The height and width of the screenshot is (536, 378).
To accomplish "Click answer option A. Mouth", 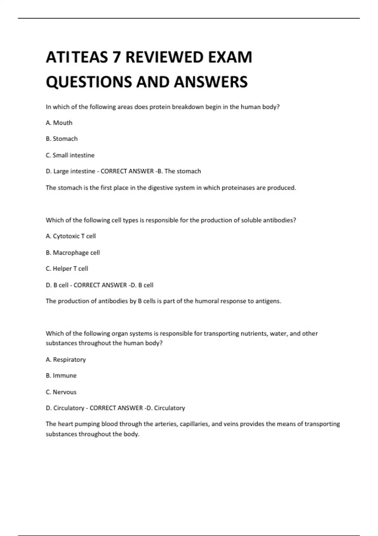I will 59,123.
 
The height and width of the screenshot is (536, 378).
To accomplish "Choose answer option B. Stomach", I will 62,139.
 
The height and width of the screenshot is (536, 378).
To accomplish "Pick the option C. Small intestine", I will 70,155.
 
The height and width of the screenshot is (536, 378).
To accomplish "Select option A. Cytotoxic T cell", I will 71,236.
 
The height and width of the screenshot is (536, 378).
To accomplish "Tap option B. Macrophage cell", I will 73,253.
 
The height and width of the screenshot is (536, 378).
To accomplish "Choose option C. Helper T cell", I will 67,269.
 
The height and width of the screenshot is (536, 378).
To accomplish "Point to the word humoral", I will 207,301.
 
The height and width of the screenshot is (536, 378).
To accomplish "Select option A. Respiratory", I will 66,360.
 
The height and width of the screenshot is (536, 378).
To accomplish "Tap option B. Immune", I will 61,376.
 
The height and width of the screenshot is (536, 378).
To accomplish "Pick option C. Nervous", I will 61,392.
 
